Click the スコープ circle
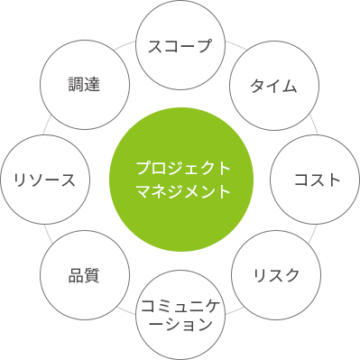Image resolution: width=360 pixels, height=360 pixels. click(180, 46)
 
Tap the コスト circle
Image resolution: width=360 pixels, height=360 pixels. click(317, 180)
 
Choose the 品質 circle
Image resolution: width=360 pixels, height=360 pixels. click(83, 274)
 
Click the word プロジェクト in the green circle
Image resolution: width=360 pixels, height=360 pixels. click(180, 168)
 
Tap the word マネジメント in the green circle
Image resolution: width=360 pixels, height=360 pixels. click(180, 192)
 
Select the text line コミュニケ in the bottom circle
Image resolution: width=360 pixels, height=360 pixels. click(180, 304)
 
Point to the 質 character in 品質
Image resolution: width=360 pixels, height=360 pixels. click(91, 274)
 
